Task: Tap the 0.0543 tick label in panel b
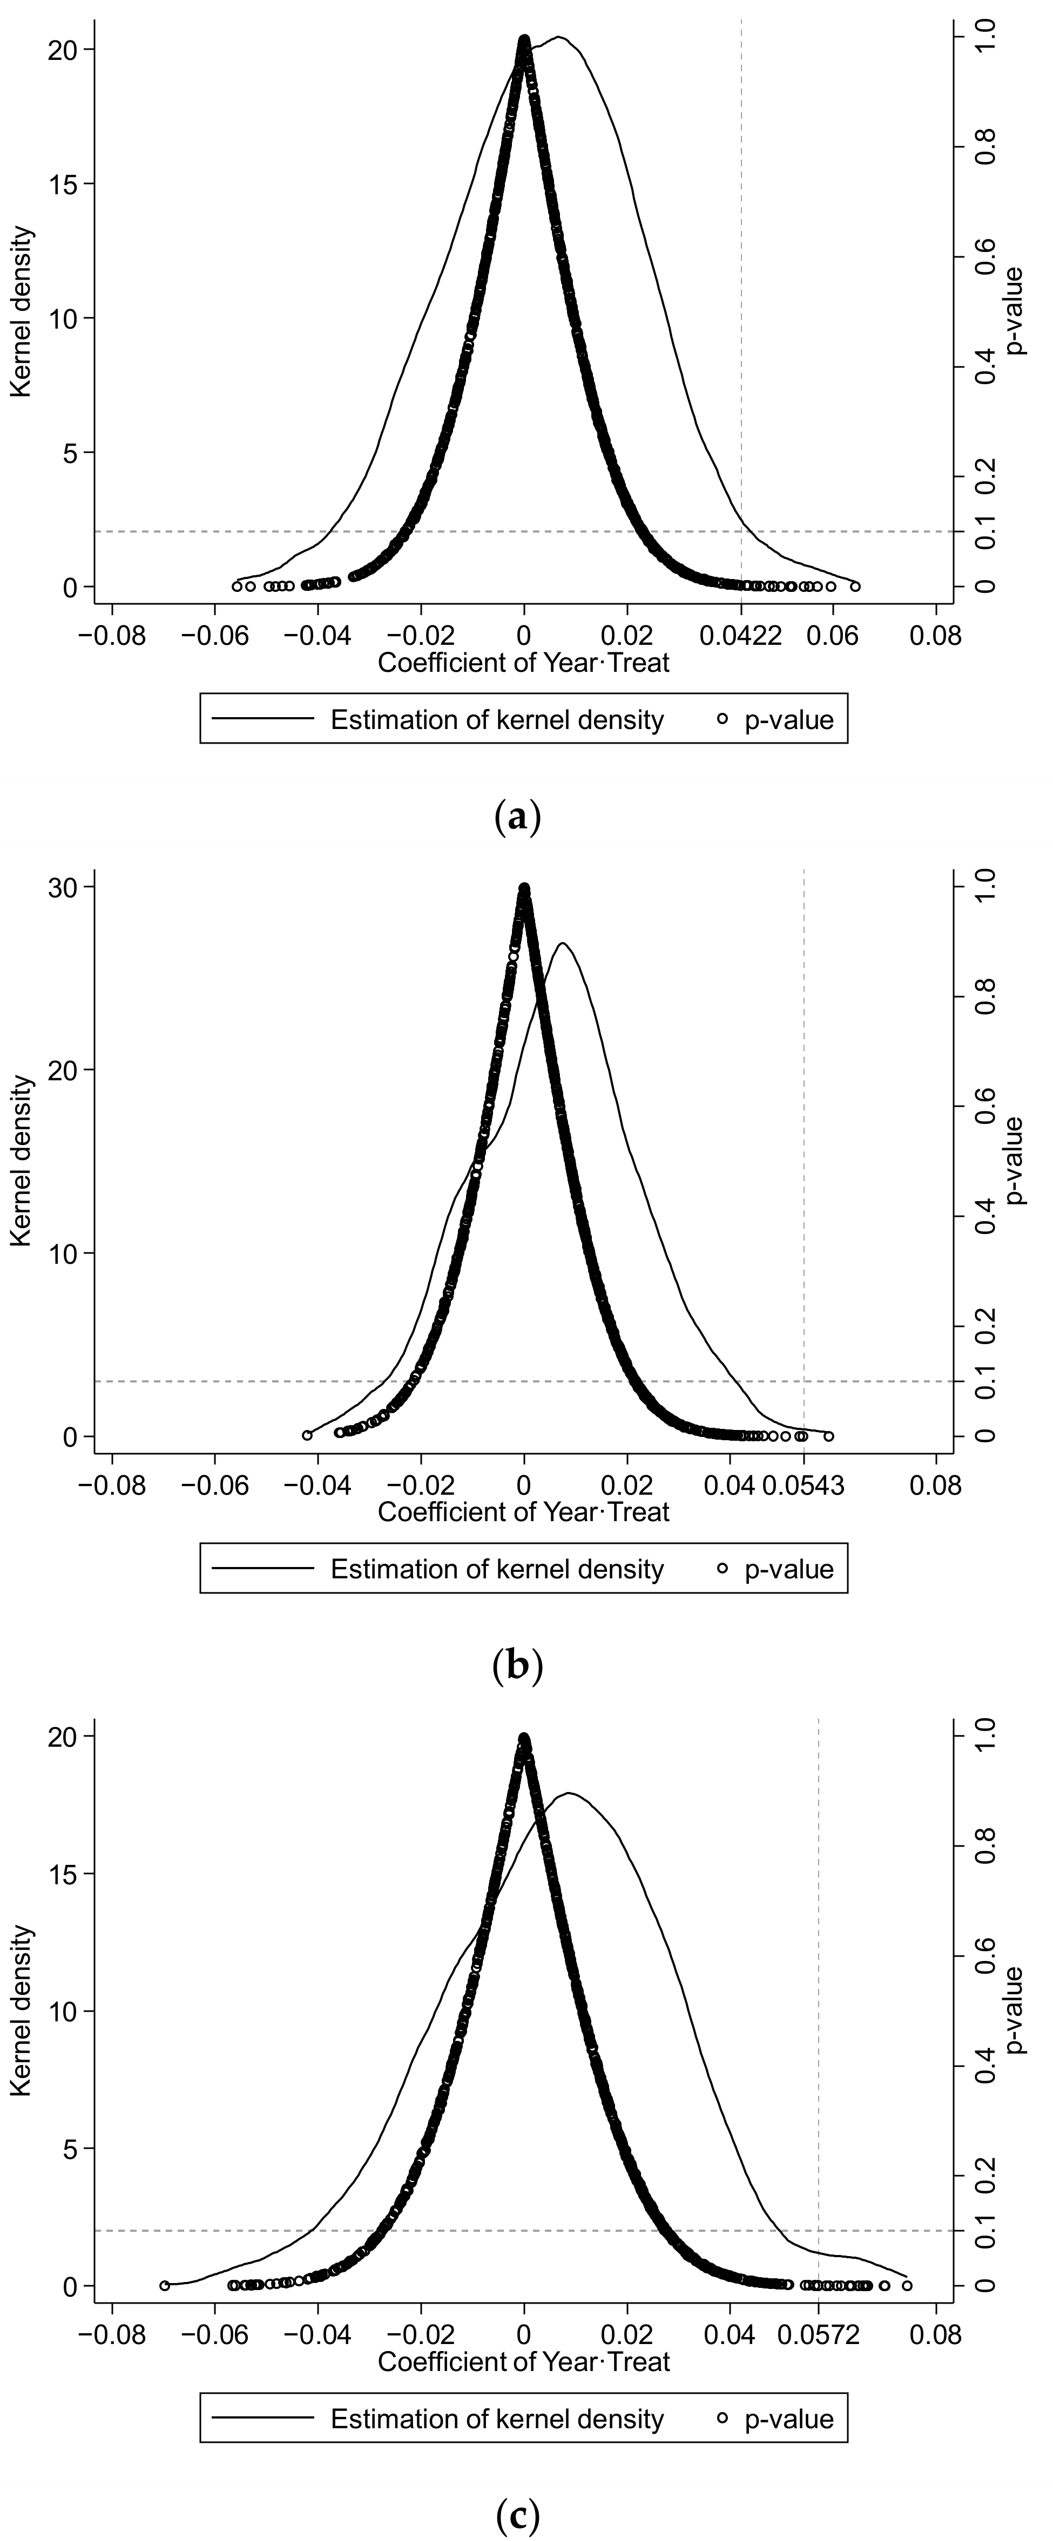click(804, 1484)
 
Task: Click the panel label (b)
click(517, 1666)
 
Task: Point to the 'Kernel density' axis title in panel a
click(22, 312)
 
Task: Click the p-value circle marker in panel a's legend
click(723, 719)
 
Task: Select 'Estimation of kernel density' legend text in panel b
click(496, 1569)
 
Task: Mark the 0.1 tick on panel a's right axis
click(988, 532)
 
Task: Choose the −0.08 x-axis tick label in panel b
click(112, 1484)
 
